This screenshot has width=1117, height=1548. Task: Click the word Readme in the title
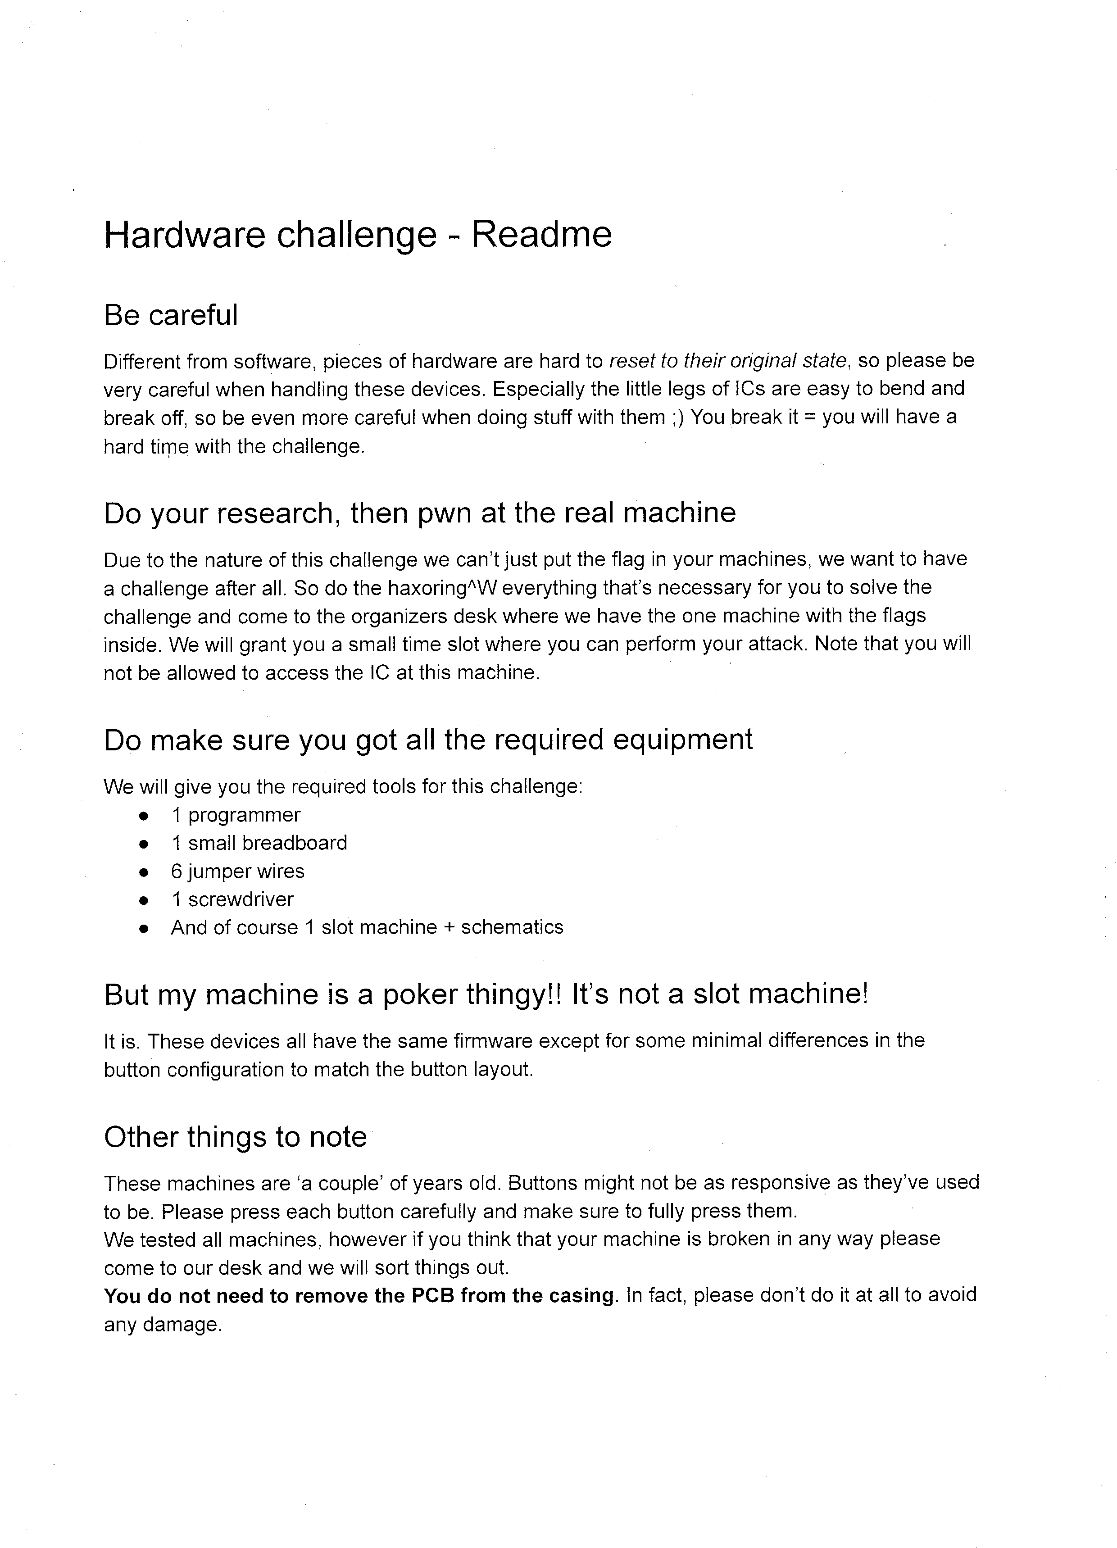tap(541, 234)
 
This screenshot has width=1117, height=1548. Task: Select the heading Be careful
tap(171, 315)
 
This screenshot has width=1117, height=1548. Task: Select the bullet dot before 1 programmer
tap(143, 816)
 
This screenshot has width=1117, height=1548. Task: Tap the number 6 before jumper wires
tap(176, 871)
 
